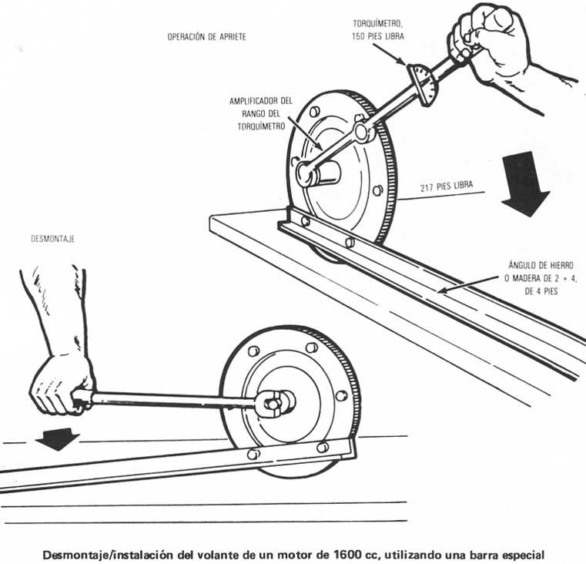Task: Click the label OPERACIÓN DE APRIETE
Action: [x=206, y=38]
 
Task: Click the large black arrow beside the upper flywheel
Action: [x=525, y=183]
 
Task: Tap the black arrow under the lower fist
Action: [x=58, y=438]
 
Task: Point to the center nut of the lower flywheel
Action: [x=276, y=401]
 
